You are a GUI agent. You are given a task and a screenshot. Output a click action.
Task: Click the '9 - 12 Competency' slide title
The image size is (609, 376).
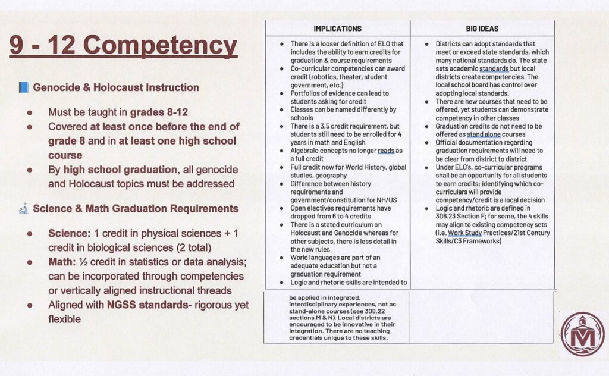click(x=123, y=46)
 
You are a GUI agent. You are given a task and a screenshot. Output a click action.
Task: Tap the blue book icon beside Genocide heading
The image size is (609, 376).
click(x=23, y=87)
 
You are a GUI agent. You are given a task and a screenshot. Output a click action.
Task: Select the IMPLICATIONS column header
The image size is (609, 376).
click(x=337, y=28)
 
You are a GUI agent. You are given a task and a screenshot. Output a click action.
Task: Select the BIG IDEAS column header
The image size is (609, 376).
click(x=482, y=28)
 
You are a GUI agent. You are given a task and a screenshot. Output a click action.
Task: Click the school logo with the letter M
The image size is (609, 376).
click(x=582, y=334)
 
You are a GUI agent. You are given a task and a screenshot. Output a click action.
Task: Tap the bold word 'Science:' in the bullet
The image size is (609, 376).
click(x=68, y=233)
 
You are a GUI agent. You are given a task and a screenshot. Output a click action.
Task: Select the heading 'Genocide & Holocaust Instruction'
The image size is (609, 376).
click(x=116, y=87)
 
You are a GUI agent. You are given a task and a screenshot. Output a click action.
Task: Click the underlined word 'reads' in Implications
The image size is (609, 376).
click(x=386, y=151)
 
